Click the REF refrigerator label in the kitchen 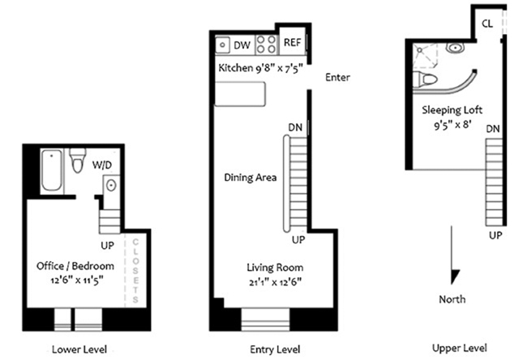point(292,43)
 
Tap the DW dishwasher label point(242,45)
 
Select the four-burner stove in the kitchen point(266,45)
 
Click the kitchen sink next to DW point(222,45)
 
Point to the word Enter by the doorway point(337,77)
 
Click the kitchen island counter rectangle point(240,94)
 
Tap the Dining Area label point(251,177)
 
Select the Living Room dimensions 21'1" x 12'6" point(276,282)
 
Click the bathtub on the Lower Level point(51,170)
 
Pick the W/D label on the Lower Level point(102,165)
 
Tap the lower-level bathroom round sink point(111,185)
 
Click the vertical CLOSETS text point(135,270)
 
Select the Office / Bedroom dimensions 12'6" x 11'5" point(77,280)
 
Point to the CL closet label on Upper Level point(487,24)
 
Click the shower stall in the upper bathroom point(426,55)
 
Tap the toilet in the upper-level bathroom point(425,79)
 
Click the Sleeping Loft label point(452,110)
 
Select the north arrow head point(455,276)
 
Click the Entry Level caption point(275,349)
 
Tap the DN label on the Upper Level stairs point(493,129)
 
